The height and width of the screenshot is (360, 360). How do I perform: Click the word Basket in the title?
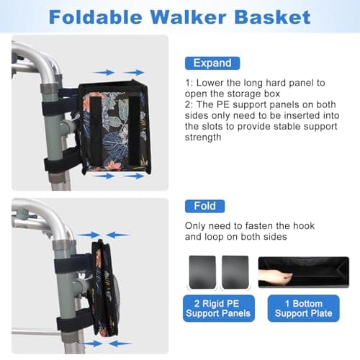click(273, 17)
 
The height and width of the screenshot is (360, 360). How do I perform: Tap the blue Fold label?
click(204, 206)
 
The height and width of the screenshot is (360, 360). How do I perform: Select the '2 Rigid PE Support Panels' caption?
click(217, 307)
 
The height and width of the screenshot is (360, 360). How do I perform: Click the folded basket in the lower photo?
click(102, 288)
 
